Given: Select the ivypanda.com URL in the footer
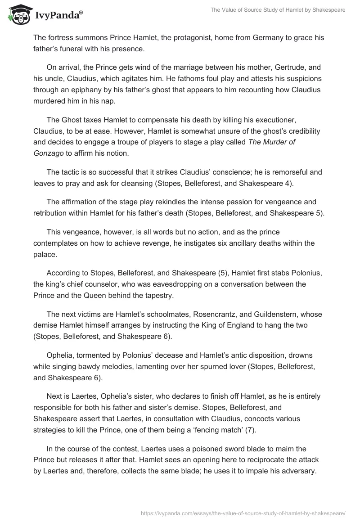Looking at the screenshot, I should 243,512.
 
